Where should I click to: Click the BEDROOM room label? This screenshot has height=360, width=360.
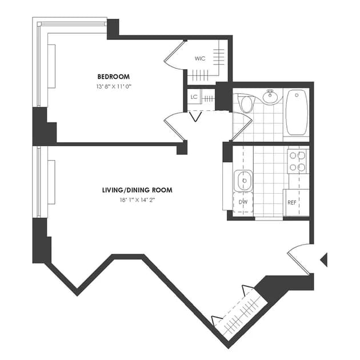point(113,77)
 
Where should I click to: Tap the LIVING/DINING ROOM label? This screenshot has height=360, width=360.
point(137,190)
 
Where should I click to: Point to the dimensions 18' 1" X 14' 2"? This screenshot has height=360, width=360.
point(138,200)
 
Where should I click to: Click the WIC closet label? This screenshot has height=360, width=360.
point(200,59)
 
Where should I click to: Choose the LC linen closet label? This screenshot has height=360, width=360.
point(194,97)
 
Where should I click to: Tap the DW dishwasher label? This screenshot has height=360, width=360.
point(243,202)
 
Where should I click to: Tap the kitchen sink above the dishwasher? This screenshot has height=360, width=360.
point(244,181)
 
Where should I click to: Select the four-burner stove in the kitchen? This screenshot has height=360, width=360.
point(298,161)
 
